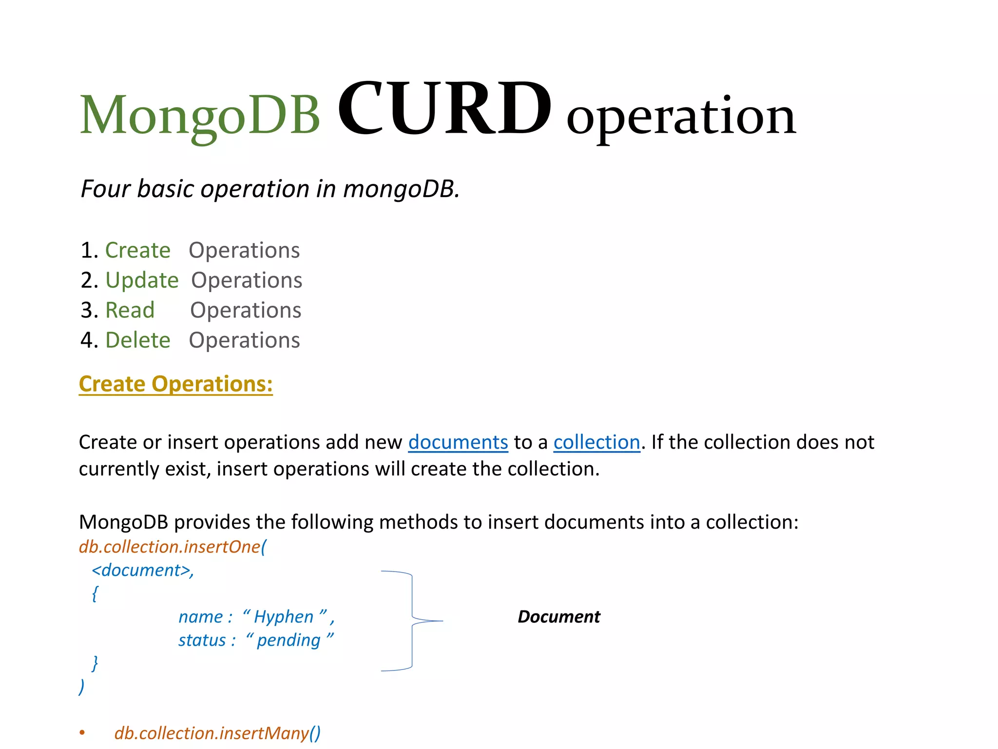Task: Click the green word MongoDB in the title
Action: (200, 115)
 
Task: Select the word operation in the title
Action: (681, 117)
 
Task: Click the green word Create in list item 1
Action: (138, 250)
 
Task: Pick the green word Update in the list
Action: (142, 280)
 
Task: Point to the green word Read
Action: (130, 310)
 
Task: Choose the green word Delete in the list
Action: (138, 340)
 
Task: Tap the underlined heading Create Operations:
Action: (175, 384)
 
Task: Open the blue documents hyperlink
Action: (458, 442)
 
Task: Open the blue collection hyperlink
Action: (596, 442)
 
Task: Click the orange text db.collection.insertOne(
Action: (173, 547)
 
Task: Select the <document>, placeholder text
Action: (143, 570)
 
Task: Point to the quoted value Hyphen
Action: (284, 617)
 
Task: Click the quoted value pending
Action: (288, 640)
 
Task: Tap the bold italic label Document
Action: (559, 617)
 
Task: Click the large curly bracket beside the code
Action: (412, 621)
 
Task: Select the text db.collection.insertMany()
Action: (217, 733)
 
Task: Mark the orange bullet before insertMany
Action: (82, 732)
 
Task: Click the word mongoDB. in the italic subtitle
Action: (401, 189)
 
